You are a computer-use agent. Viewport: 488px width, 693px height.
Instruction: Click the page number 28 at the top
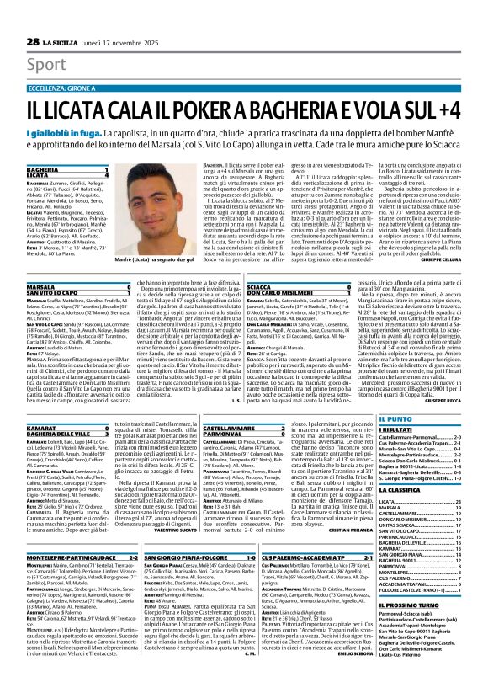coord(33,18)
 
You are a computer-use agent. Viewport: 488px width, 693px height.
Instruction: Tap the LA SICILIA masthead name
coord(62,18)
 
